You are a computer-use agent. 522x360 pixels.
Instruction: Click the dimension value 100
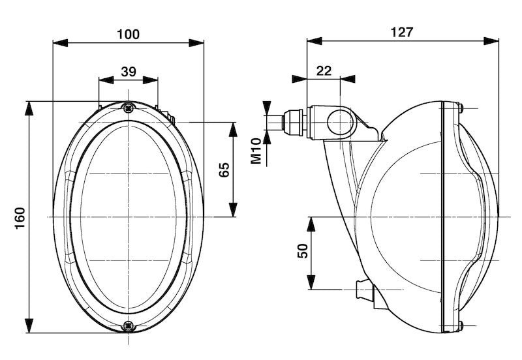coord(129,34)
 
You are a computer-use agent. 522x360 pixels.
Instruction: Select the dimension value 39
coord(129,71)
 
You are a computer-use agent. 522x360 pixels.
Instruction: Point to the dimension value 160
coord(19,217)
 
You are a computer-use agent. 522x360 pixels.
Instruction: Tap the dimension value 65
coord(224,170)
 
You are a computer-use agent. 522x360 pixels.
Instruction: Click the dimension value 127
coord(401,32)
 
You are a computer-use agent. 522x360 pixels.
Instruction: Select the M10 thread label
coord(257,151)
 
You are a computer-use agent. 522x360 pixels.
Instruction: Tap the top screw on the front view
coord(128,108)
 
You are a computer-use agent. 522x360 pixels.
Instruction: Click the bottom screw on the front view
coord(128,324)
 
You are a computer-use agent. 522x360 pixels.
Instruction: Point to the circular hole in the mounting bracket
coord(339,123)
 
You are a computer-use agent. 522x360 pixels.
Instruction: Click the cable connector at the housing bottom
coord(364,290)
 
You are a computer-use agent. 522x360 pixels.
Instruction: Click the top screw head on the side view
coord(461,108)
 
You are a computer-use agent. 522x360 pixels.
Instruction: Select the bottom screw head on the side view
coord(461,325)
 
